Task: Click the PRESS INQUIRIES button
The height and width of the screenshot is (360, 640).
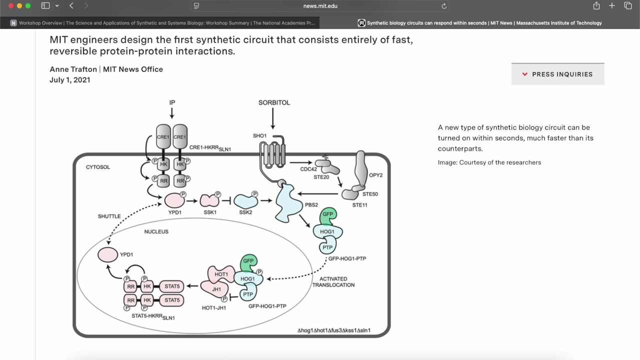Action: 557,74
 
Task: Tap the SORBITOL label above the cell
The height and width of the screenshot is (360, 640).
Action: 274,102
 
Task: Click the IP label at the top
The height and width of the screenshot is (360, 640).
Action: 172,102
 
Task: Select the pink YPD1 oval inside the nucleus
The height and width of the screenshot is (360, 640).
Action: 107,254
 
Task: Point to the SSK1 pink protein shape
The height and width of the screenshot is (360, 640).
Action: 209,200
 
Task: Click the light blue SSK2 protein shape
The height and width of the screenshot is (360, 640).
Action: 245,201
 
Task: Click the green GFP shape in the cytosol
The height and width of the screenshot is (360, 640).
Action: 327,215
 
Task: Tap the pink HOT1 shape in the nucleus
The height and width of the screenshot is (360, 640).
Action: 221,274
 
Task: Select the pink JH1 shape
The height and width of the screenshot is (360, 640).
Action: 215,289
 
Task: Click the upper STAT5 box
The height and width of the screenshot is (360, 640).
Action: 171,286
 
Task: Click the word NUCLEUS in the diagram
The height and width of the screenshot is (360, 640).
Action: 156,232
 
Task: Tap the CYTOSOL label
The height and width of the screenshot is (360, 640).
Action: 98,167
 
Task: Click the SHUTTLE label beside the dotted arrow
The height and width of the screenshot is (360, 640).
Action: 109,216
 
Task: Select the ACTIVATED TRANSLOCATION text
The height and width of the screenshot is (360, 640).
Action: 333,282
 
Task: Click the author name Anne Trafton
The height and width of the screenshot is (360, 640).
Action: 73,69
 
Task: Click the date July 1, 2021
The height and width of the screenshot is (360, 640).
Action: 69,80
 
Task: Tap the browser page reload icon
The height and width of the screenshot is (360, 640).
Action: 443,6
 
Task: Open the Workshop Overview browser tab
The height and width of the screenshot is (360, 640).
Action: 165,23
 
